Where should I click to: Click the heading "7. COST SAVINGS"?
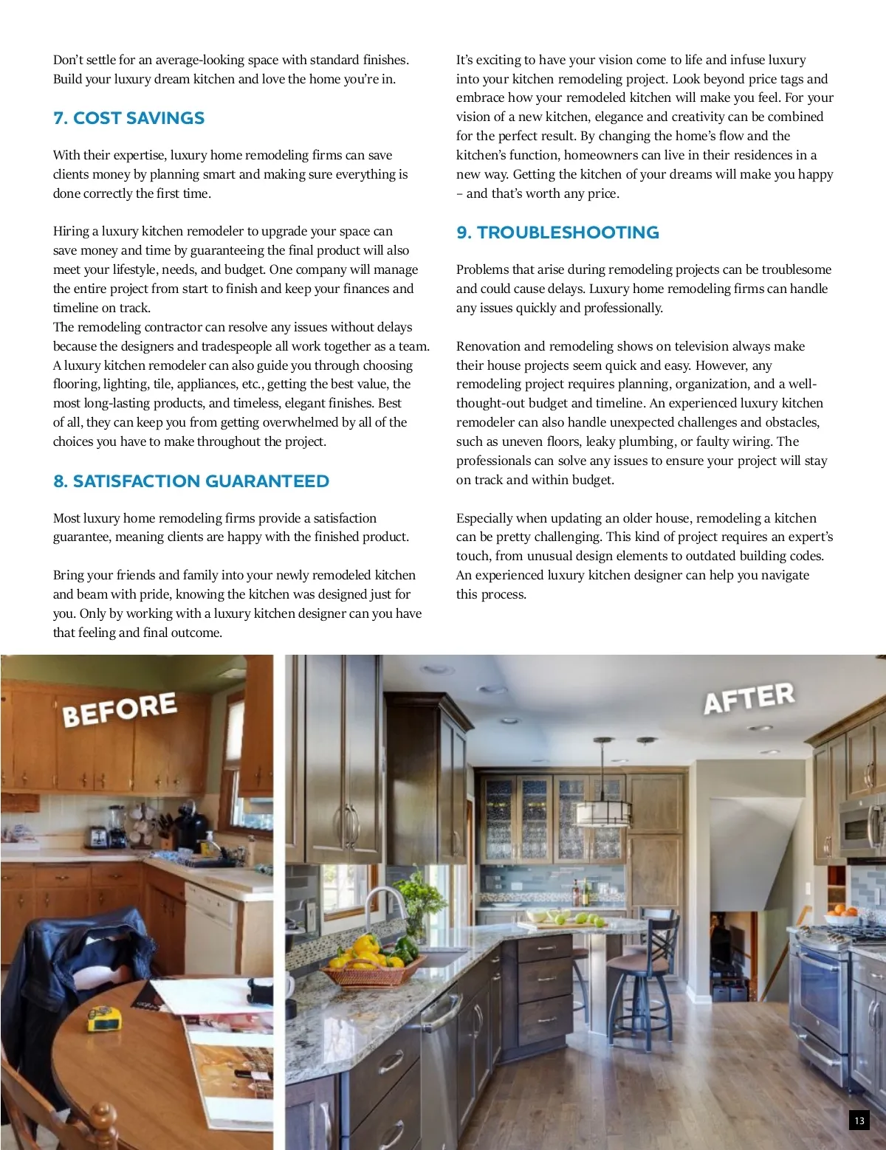click(x=128, y=118)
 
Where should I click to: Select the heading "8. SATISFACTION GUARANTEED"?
click(x=191, y=481)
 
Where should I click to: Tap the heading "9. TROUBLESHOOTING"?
click(x=557, y=233)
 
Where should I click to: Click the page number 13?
click(x=859, y=1120)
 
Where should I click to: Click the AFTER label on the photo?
click(x=749, y=698)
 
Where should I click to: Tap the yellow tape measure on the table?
click(x=103, y=1018)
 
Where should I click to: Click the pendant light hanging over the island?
click(x=602, y=811)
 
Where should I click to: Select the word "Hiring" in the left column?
click(x=71, y=232)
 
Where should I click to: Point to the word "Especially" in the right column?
click(x=484, y=518)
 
